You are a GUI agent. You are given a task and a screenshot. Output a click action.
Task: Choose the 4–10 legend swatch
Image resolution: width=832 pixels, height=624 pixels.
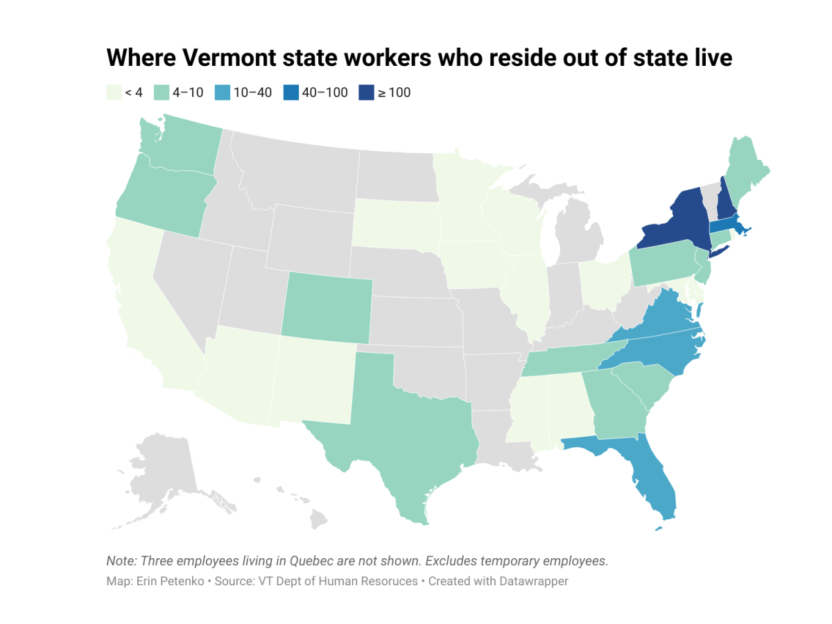click(159, 92)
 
